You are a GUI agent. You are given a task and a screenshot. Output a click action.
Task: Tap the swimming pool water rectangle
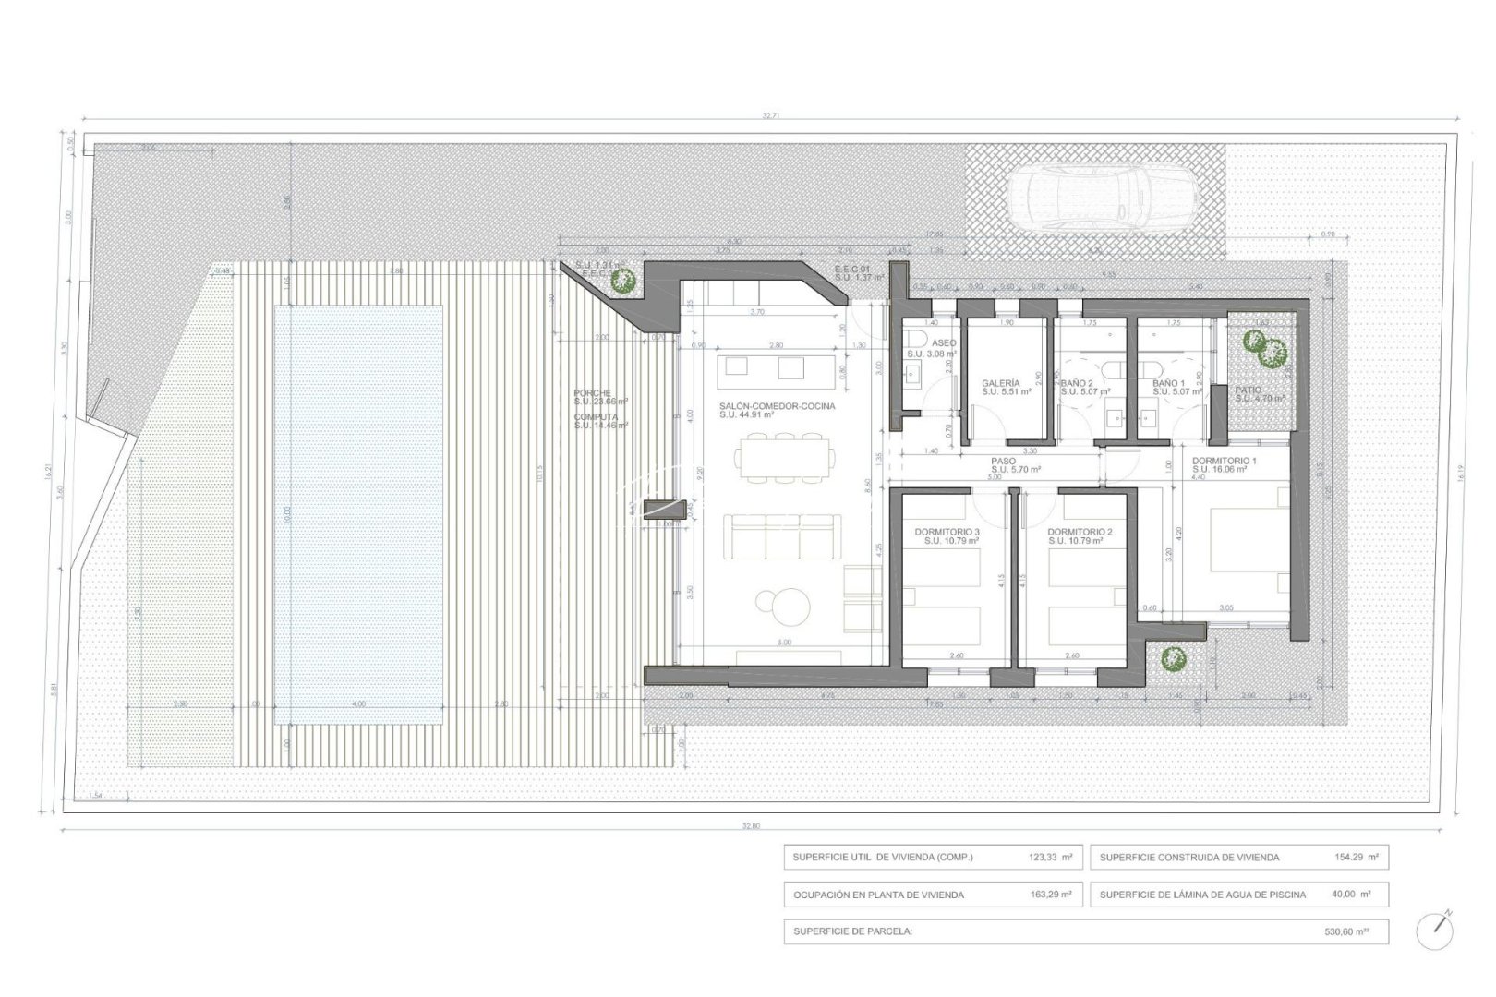pyautogui.click(x=357, y=514)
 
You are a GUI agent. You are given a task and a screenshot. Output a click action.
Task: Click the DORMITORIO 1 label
pyautogui.click(x=1224, y=460)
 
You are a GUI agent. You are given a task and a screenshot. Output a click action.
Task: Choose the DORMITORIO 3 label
pyautogui.click(x=947, y=533)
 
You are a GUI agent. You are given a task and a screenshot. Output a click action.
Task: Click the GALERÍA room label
pyautogui.click(x=1000, y=382)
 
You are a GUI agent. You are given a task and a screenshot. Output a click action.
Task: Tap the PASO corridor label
pyautogui.click(x=1003, y=461)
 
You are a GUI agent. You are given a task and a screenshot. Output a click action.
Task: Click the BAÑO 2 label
pyautogui.click(x=1077, y=382)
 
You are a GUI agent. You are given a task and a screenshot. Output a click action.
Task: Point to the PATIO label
pyautogui.click(x=1249, y=390)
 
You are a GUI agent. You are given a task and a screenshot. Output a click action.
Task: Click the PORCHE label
pyautogui.click(x=592, y=394)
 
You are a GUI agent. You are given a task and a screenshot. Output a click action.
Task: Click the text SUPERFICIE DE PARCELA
pyautogui.click(x=852, y=931)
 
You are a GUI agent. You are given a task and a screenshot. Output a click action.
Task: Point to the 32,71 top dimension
pyautogui.click(x=770, y=116)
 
